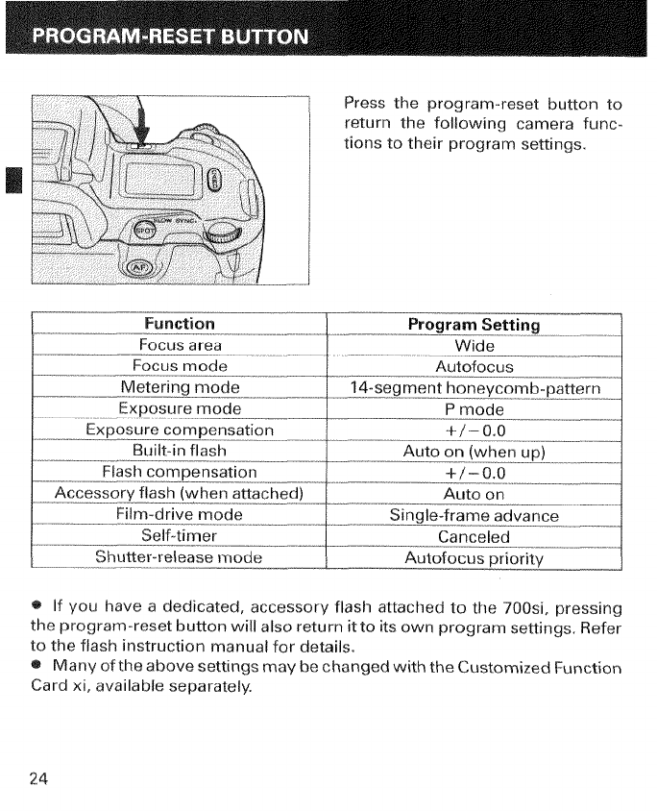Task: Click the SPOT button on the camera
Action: coord(143,232)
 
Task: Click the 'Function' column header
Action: coord(180,324)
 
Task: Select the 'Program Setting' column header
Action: coord(474,325)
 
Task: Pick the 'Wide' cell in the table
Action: coord(474,346)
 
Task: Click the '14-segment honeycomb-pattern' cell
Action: coord(474,388)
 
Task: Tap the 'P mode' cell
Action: coord(474,409)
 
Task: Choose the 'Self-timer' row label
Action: coord(180,536)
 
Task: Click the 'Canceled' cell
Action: coord(474,537)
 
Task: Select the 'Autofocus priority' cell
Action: coord(474,558)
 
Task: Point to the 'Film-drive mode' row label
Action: coord(180,515)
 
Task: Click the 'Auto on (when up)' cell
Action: coord(474,452)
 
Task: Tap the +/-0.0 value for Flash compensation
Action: coord(474,473)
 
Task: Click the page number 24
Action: coord(38,778)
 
